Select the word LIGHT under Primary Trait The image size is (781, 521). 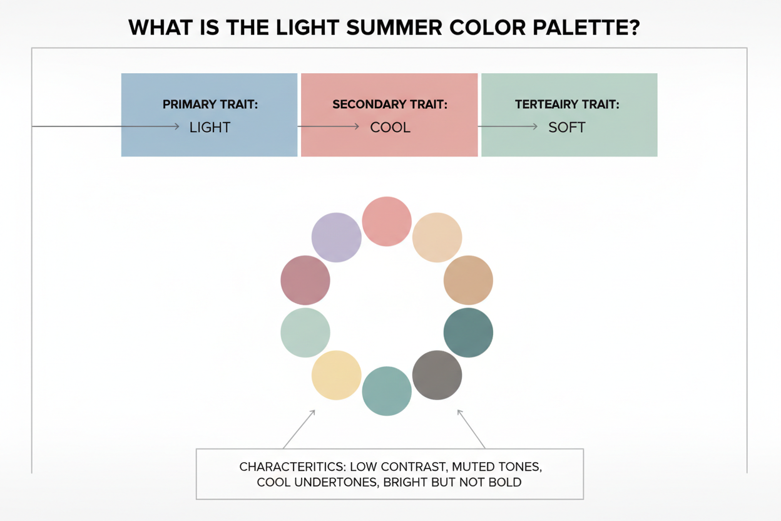[210, 127]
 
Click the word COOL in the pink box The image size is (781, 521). [390, 127]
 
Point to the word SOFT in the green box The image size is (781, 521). [567, 127]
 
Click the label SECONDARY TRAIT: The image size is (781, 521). [390, 105]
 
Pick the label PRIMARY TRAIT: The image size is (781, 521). [210, 105]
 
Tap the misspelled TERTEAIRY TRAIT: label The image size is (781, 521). [567, 105]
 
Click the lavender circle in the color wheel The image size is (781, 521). [337, 237]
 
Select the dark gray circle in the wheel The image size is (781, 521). [437, 375]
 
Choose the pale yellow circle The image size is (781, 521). [337, 375]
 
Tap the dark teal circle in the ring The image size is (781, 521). [468, 333]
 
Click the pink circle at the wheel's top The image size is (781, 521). [387, 221]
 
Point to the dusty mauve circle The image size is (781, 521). [305, 280]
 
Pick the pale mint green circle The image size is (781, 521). [305, 333]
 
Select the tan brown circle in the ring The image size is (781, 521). [468, 280]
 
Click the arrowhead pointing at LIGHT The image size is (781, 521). [177, 126]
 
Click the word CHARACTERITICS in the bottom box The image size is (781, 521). [292, 467]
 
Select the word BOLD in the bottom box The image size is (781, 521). [506, 483]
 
